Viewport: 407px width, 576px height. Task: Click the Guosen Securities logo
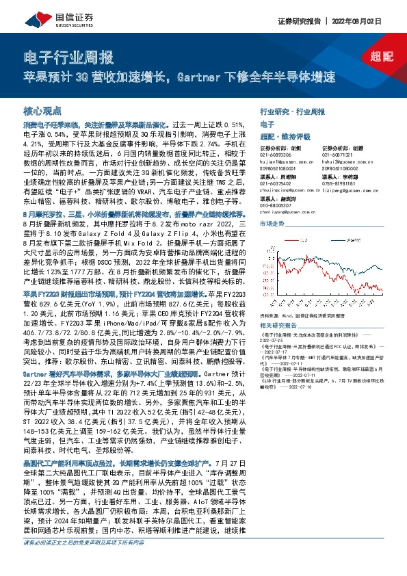tap(51, 21)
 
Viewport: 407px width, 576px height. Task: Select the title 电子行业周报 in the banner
tap(67, 57)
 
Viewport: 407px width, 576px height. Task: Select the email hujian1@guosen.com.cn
tap(288, 161)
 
